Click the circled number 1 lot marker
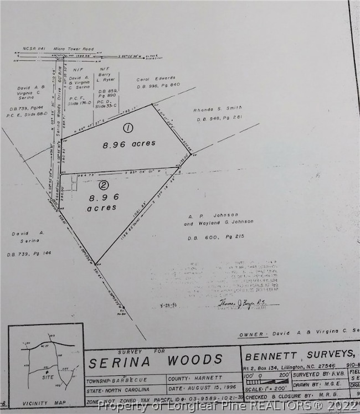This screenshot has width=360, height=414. point(128,128)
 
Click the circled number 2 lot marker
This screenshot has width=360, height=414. point(103,185)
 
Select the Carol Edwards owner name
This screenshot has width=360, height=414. point(156,79)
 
